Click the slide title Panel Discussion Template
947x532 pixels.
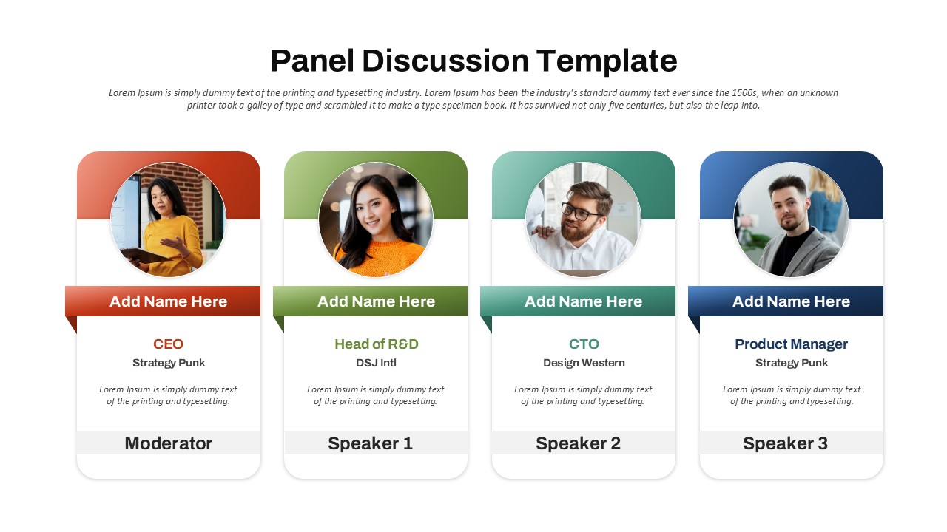point(473,61)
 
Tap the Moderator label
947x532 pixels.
point(169,443)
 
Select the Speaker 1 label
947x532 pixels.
point(370,443)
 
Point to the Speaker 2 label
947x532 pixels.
point(578,443)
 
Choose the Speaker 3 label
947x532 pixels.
point(785,443)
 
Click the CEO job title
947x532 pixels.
point(169,344)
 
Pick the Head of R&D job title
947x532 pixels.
point(377,344)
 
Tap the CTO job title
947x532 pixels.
point(584,344)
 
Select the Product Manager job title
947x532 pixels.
point(791,344)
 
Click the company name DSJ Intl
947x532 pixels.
point(377,363)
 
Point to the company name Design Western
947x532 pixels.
point(584,363)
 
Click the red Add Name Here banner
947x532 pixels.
point(169,301)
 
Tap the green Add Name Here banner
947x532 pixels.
point(377,301)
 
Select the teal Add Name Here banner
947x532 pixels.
point(584,301)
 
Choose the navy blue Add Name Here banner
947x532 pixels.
point(791,301)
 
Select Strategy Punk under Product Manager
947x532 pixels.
point(791,363)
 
